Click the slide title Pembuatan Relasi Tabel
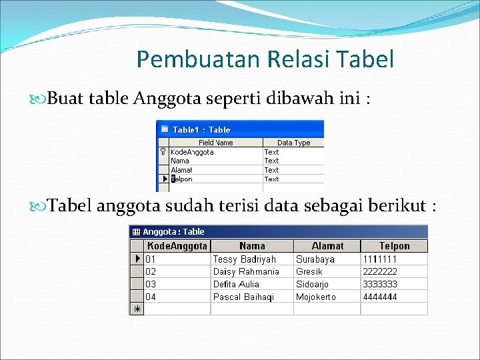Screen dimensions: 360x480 265,59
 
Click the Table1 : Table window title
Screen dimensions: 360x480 201,129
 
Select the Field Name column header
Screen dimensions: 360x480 215,142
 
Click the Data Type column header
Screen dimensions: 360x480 293,142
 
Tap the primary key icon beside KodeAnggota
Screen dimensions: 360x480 163,152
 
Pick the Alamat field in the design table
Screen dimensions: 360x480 181,170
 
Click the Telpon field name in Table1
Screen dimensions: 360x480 182,179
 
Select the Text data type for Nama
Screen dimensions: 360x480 271,161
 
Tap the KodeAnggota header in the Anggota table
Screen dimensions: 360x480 177,246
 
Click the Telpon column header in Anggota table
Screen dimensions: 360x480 394,246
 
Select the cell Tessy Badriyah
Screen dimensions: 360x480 244,259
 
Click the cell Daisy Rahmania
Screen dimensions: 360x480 246,271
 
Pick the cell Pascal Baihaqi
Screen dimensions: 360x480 243,297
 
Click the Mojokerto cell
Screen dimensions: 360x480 316,297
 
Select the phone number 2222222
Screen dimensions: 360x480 379,271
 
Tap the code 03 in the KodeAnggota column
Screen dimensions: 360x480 151,284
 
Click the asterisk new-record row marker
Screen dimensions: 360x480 137,309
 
